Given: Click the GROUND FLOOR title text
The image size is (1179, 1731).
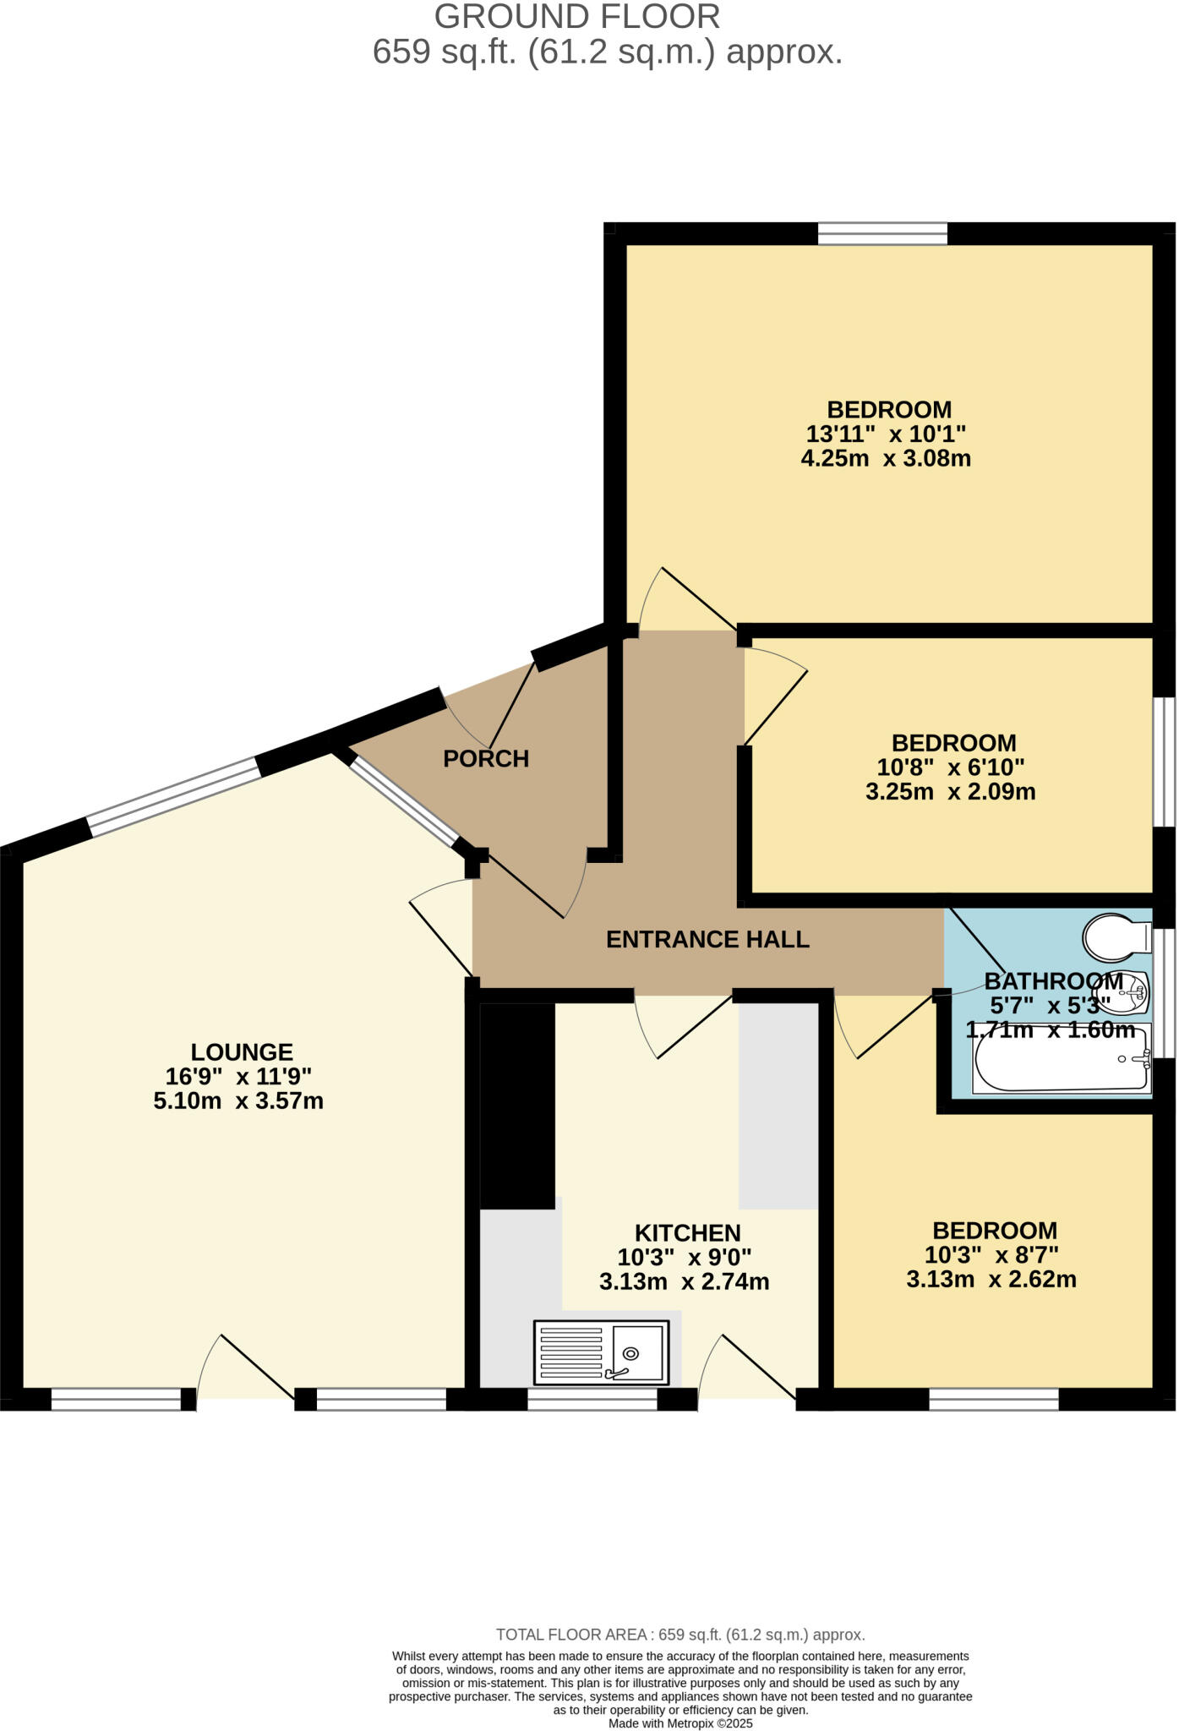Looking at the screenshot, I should point(577,17).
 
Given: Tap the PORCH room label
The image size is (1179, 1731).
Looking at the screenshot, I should point(486,758).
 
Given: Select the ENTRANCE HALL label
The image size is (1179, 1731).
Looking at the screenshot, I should point(707,939).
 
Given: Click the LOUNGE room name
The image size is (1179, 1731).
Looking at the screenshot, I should point(242,1051).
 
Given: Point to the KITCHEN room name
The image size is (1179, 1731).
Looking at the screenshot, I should point(687,1232).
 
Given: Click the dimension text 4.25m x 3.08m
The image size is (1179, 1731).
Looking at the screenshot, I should point(886,459).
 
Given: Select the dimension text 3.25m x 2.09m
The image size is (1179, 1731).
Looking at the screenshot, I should point(950,792).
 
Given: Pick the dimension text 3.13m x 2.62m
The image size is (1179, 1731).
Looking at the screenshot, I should point(991,1279).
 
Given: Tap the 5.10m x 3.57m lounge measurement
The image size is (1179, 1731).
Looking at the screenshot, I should point(238,1100).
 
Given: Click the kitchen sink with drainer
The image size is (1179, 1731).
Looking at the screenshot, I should point(601,1352).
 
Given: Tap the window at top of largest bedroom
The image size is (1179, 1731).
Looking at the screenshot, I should point(882,233).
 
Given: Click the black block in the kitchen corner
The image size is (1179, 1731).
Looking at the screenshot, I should point(517,1105).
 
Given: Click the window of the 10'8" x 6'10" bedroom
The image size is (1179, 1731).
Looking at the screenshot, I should point(1165,761).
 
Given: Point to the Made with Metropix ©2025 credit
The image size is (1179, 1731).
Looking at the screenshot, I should point(680,1723).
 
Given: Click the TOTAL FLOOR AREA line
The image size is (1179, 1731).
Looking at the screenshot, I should point(680,1635).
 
